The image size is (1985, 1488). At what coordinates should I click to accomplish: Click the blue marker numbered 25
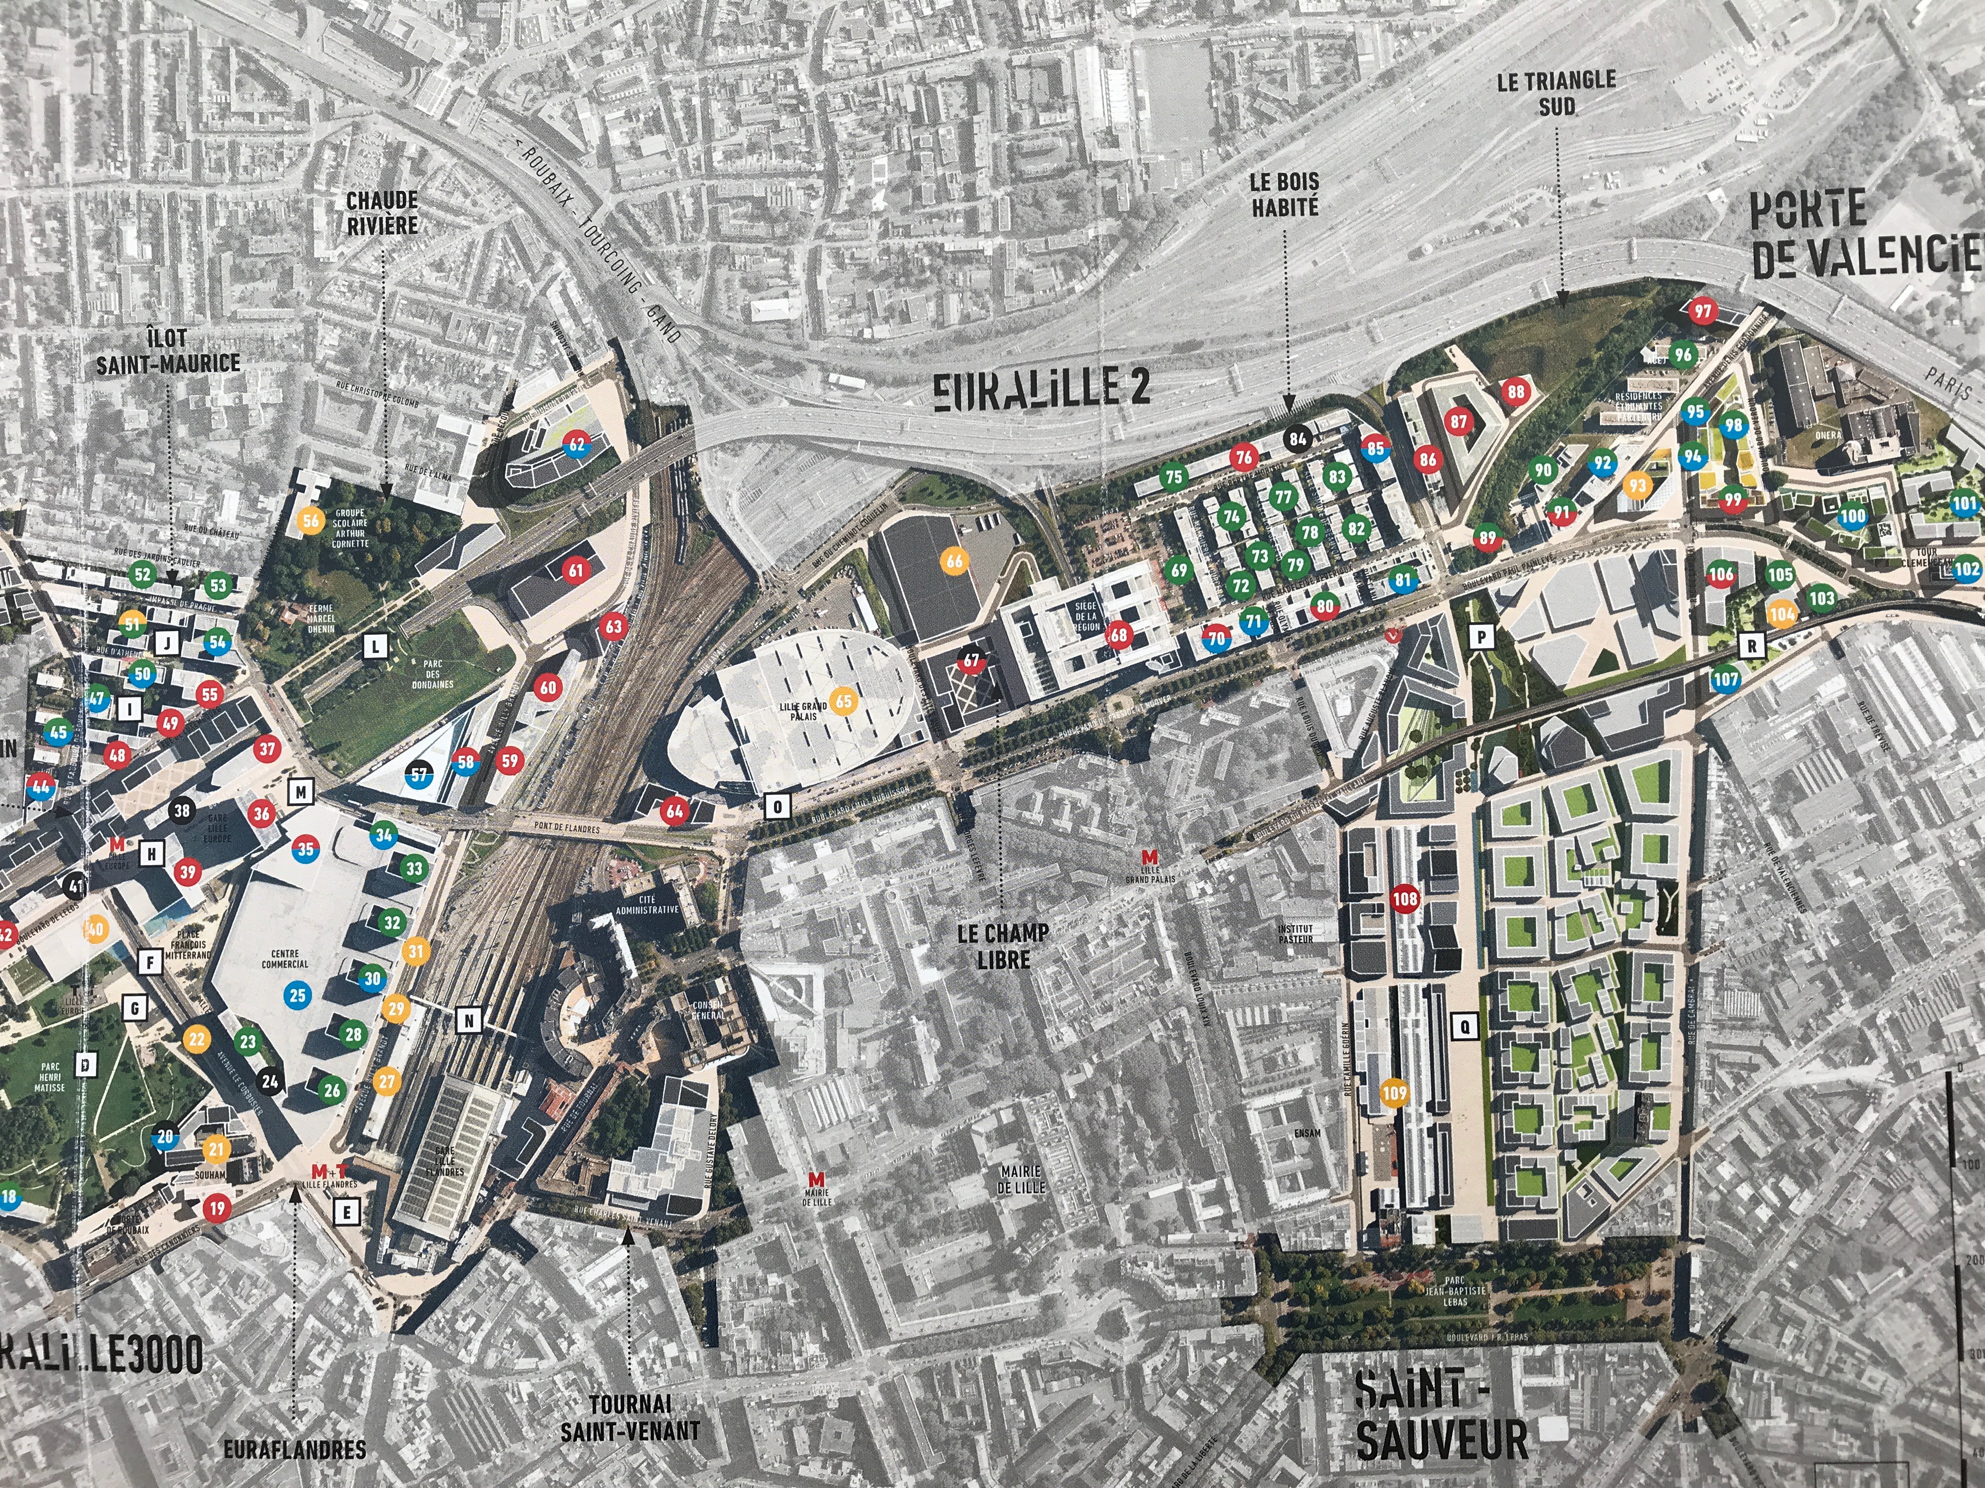tap(297, 994)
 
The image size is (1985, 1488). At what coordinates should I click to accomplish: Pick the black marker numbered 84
tap(1298, 438)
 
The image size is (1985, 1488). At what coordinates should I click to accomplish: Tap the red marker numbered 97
tap(1702, 312)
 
